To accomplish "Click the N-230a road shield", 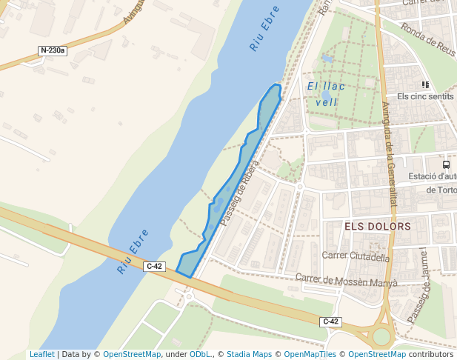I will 53,51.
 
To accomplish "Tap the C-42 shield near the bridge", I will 154,266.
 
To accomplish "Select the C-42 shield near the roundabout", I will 331,321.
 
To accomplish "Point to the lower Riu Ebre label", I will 133,252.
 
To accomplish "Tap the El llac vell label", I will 327,94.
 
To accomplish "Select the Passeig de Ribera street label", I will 239,196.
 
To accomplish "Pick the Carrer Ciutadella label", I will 356,257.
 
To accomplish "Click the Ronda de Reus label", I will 427,39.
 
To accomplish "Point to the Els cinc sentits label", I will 424,96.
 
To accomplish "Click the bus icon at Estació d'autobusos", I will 446,164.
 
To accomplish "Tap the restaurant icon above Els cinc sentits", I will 425,85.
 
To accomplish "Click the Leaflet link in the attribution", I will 41,355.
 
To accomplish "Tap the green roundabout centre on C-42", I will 381,337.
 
